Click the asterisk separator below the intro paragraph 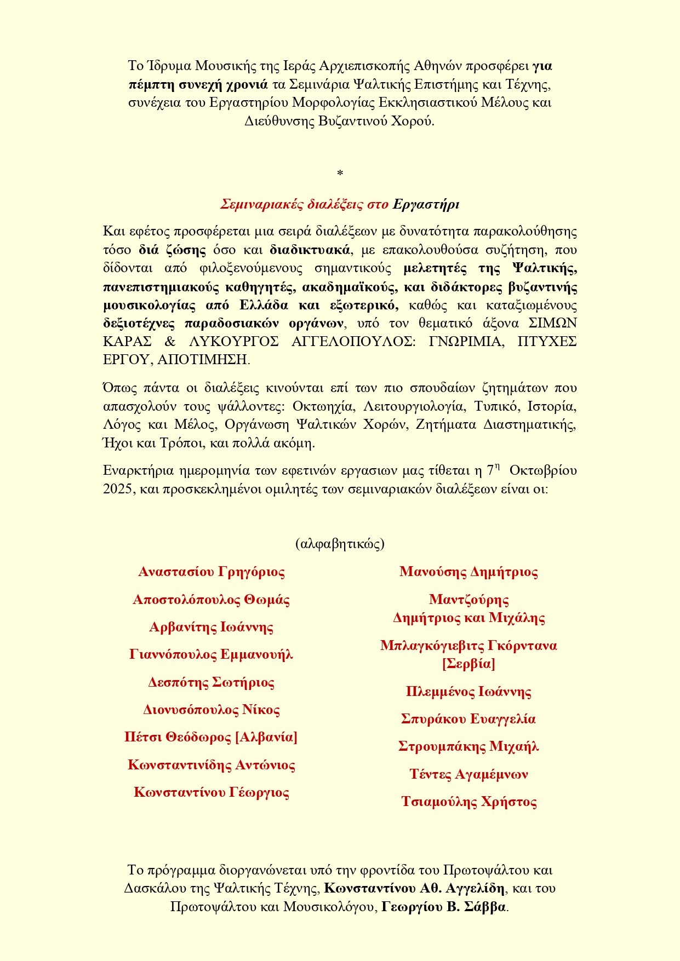340,174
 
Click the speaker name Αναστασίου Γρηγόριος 212,572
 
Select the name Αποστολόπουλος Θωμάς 212,600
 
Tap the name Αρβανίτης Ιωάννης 212,627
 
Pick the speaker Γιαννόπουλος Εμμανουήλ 212,654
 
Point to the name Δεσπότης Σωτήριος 212,682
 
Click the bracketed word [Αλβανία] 266,737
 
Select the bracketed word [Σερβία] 468,664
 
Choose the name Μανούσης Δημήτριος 468,572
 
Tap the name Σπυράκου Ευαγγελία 468,719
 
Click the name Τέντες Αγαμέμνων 468,774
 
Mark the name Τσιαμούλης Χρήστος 468,802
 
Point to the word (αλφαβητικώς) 340,544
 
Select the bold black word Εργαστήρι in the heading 426,205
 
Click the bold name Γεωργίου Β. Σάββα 444,907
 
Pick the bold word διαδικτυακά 310,250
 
